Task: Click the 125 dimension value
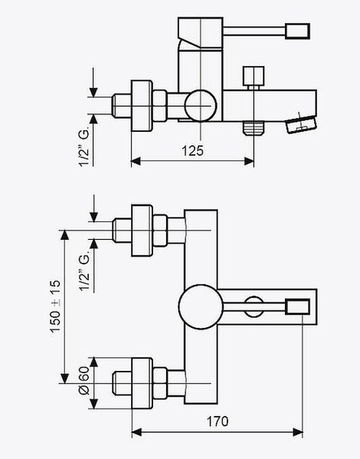tap(192, 151)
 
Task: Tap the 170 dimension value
tap(218, 421)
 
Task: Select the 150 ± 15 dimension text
tap(55, 306)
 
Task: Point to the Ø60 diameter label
tap(84, 381)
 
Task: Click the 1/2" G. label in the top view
tap(84, 148)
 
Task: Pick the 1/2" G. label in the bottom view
tap(84, 273)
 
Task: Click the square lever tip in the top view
tap(297, 31)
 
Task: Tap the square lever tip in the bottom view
tap(297, 307)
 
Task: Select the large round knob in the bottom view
tap(201, 307)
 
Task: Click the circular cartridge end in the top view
tap(201, 106)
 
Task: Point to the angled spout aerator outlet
tap(301, 124)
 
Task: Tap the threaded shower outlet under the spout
tap(254, 128)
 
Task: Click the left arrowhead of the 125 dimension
tap(136, 161)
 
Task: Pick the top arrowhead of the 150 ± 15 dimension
tap(64, 235)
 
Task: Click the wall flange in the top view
tap(142, 106)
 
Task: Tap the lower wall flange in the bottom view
tap(142, 383)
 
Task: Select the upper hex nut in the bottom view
tap(160, 231)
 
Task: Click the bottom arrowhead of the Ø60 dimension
tap(93, 404)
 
